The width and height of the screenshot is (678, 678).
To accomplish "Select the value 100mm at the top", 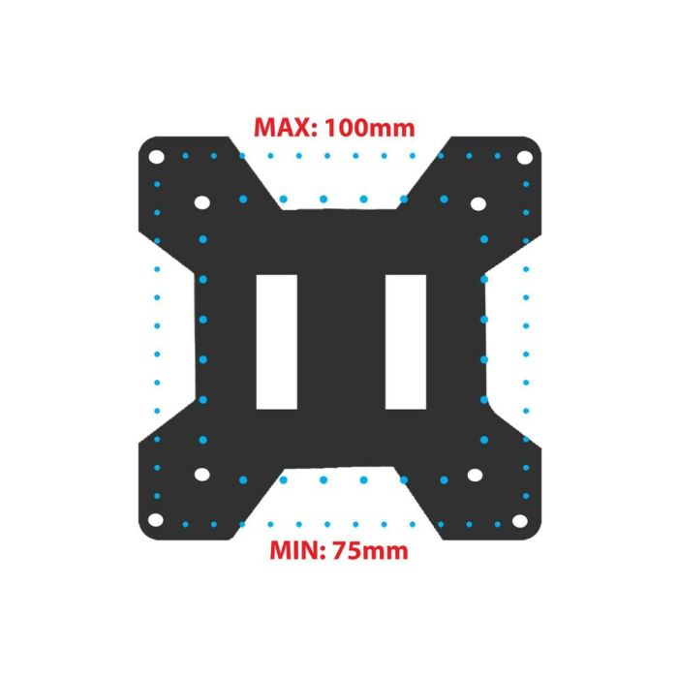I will click(x=371, y=128).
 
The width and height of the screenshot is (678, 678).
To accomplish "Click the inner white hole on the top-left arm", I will click(x=202, y=203).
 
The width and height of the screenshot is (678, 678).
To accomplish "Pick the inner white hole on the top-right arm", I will click(x=477, y=203).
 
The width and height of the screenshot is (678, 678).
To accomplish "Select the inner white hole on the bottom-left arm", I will click(x=202, y=476).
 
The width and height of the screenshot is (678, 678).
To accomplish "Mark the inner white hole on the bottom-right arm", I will click(x=476, y=476).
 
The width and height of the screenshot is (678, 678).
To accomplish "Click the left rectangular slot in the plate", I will click(x=276, y=340).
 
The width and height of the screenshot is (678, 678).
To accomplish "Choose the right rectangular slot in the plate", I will click(x=405, y=340).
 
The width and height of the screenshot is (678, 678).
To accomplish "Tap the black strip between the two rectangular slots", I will click(x=340, y=340).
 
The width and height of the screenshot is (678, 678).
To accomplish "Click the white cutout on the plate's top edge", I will click(x=339, y=174).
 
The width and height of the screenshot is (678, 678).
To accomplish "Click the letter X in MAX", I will click(x=302, y=128).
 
